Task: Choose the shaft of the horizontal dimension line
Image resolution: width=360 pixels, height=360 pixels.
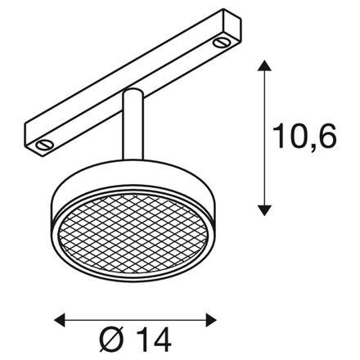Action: (135, 317)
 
